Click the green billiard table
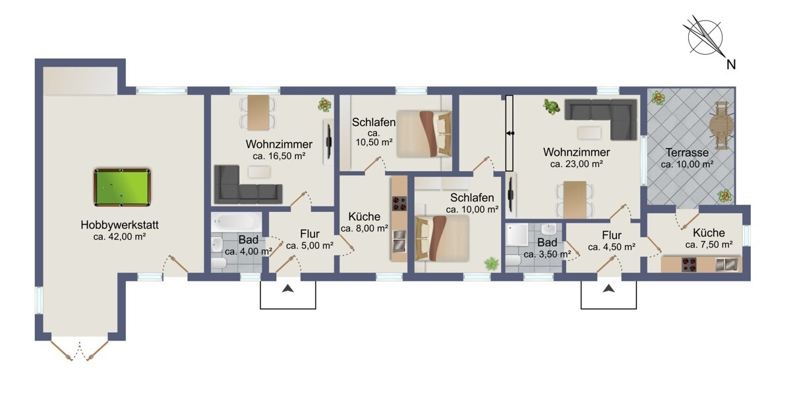click(x=122, y=188)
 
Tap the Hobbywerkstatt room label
click(x=120, y=225)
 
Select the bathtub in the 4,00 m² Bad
click(x=237, y=222)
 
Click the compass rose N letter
click(x=731, y=65)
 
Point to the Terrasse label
click(x=687, y=153)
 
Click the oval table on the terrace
click(x=721, y=125)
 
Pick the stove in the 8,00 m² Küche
click(x=399, y=203)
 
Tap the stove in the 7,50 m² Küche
click(x=689, y=265)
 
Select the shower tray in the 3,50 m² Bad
click(x=517, y=234)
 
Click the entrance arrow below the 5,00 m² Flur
click(x=288, y=289)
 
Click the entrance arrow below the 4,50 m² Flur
click(x=608, y=289)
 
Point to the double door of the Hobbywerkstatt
click(x=80, y=351)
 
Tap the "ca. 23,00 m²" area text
click(x=576, y=164)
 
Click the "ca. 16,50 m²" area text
click(x=279, y=156)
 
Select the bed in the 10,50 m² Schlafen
click(x=424, y=134)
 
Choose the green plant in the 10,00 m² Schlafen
click(x=491, y=263)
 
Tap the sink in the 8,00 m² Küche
click(x=399, y=240)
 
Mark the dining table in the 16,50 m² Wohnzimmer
click(x=258, y=113)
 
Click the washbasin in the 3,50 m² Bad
click(x=548, y=229)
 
